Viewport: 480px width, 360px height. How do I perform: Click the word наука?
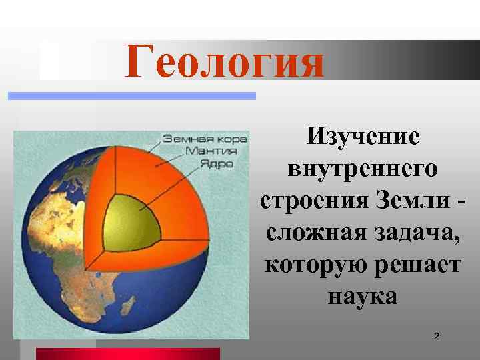point(363,295)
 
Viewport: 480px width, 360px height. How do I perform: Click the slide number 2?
point(436,337)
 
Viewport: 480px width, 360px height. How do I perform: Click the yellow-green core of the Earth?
point(137,223)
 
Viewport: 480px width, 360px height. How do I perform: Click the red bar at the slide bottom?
point(127,353)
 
